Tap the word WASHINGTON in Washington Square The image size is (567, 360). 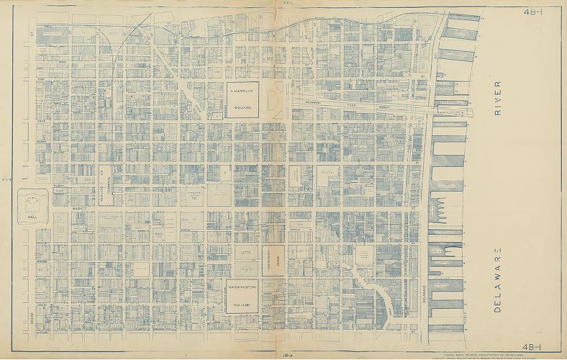point(242,287)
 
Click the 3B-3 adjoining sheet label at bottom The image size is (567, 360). point(286,354)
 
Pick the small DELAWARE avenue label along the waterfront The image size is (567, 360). point(424,288)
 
